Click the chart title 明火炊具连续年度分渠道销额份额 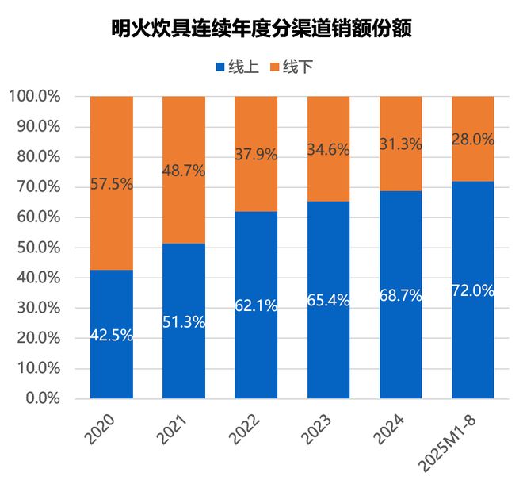(x=261, y=29)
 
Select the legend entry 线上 (x=236, y=67)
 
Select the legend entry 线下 (x=292, y=67)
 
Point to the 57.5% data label (x=112, y=184)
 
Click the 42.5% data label (x=112, y=335)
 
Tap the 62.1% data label (x=256, y=305)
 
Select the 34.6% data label (x=328, y=148)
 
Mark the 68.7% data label (x=401, y=295)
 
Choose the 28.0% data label (x=473, y=140)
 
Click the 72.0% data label (x=473, y=290)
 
